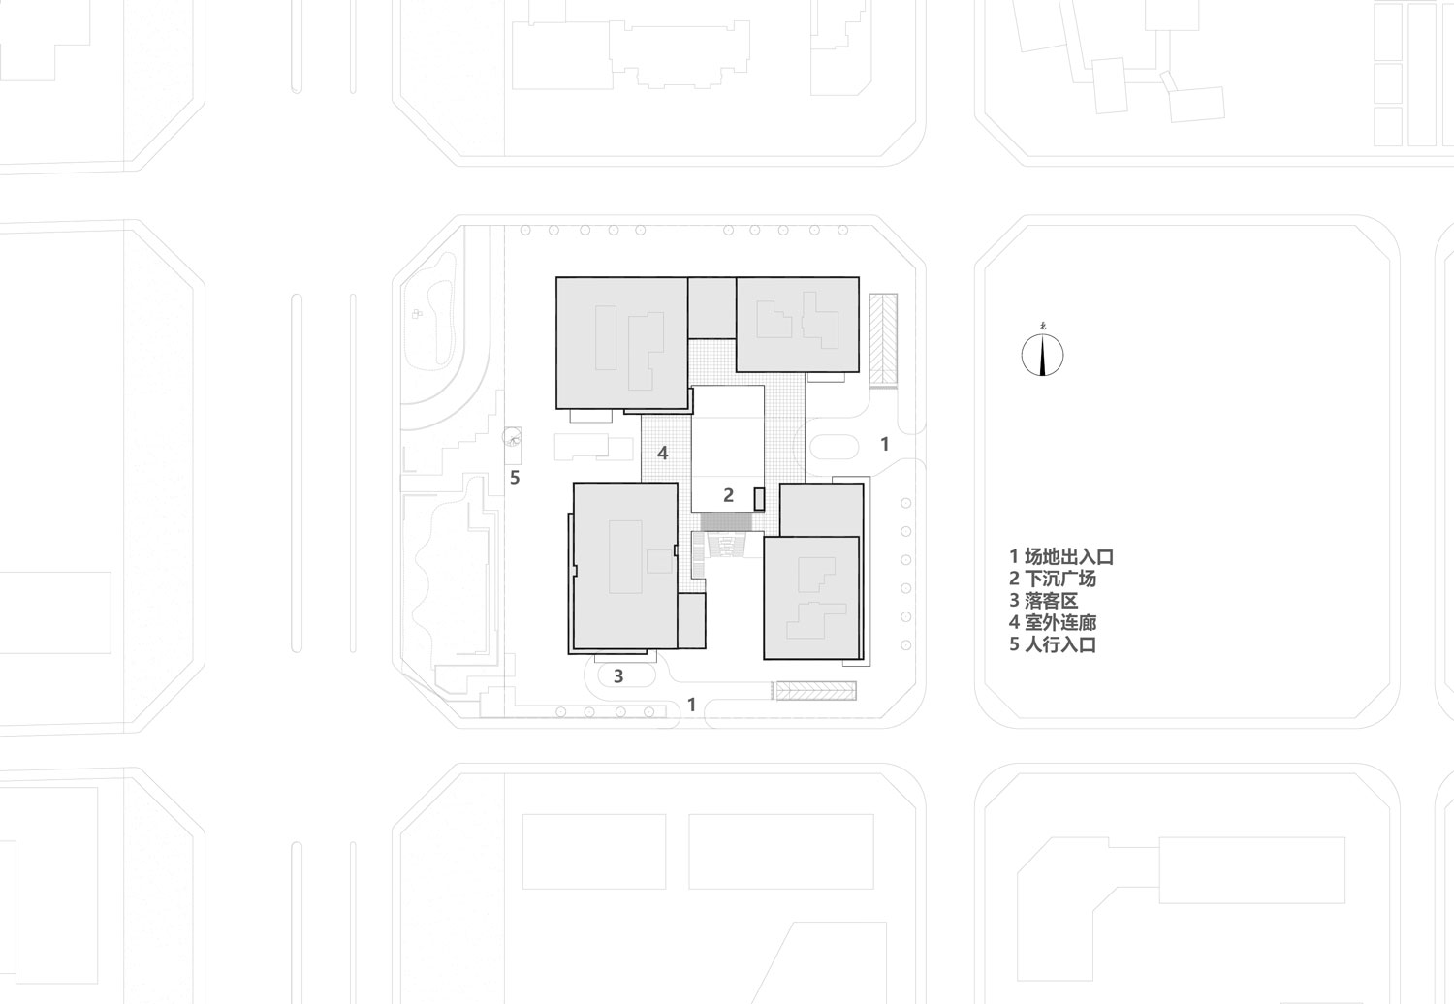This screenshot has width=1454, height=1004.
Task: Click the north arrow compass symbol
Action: (x=1042, y=355)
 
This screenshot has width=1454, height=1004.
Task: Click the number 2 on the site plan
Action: (x=728, y=495)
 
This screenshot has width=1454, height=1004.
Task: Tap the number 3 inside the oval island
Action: (x=618, y=676)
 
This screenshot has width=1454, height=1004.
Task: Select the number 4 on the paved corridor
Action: (x=662, y=453)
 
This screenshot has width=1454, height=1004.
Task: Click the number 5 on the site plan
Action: (x=515, y=478)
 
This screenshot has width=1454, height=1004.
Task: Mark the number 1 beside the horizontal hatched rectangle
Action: (x=691, y=705)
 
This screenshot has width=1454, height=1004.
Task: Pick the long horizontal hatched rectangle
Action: (x=816, y=691)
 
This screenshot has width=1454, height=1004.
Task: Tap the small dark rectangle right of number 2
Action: (x=759, y=500)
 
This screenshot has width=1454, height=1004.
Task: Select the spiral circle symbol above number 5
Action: (x=512, y=437)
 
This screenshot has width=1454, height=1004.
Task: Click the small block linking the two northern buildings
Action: (x=711, y=307)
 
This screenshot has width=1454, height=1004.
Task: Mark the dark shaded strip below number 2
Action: (x=727, y=521)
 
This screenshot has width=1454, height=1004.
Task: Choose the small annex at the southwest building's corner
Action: (x=691, y=620)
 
